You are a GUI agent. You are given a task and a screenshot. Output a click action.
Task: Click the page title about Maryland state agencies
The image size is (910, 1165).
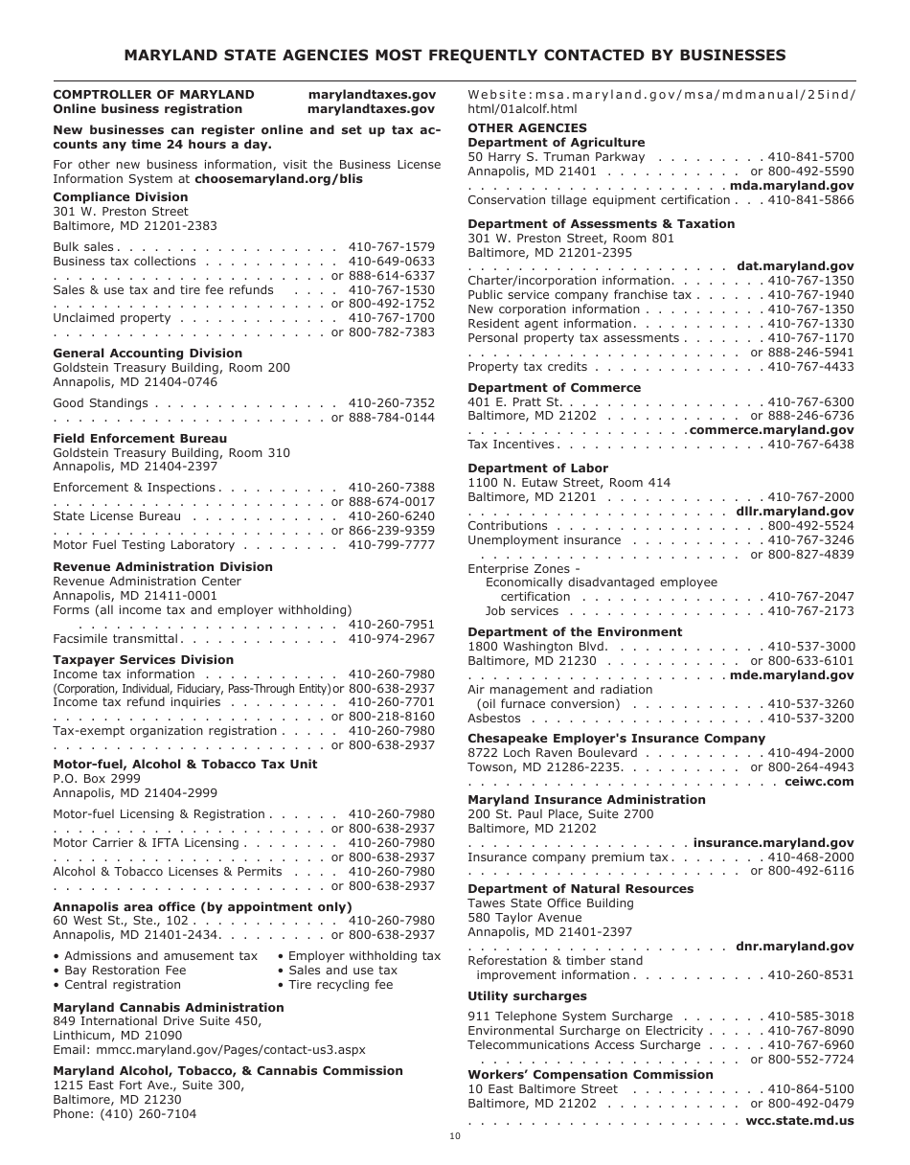455,56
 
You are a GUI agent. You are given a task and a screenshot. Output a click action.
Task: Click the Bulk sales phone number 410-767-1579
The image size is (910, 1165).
391,247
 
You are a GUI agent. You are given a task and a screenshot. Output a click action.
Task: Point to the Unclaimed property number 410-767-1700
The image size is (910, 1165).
391,318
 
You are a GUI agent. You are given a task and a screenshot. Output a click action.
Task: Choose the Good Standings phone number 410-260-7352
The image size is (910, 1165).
391,403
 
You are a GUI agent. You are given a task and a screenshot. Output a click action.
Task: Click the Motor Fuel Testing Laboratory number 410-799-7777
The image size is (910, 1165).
391,545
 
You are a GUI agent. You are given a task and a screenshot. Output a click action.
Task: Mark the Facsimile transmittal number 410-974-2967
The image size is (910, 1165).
391,639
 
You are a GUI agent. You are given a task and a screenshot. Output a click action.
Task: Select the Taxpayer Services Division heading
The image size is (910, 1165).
143,660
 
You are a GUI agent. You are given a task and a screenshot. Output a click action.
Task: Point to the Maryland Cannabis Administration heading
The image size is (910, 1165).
169,1008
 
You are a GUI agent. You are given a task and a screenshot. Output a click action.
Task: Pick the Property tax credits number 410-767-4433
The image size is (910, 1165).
810,367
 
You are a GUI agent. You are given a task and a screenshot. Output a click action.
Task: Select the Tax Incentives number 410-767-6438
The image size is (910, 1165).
810,445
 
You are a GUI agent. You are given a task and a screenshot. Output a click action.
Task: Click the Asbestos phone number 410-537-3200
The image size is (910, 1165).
810,719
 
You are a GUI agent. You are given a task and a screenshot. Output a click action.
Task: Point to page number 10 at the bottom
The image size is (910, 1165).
455,1136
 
